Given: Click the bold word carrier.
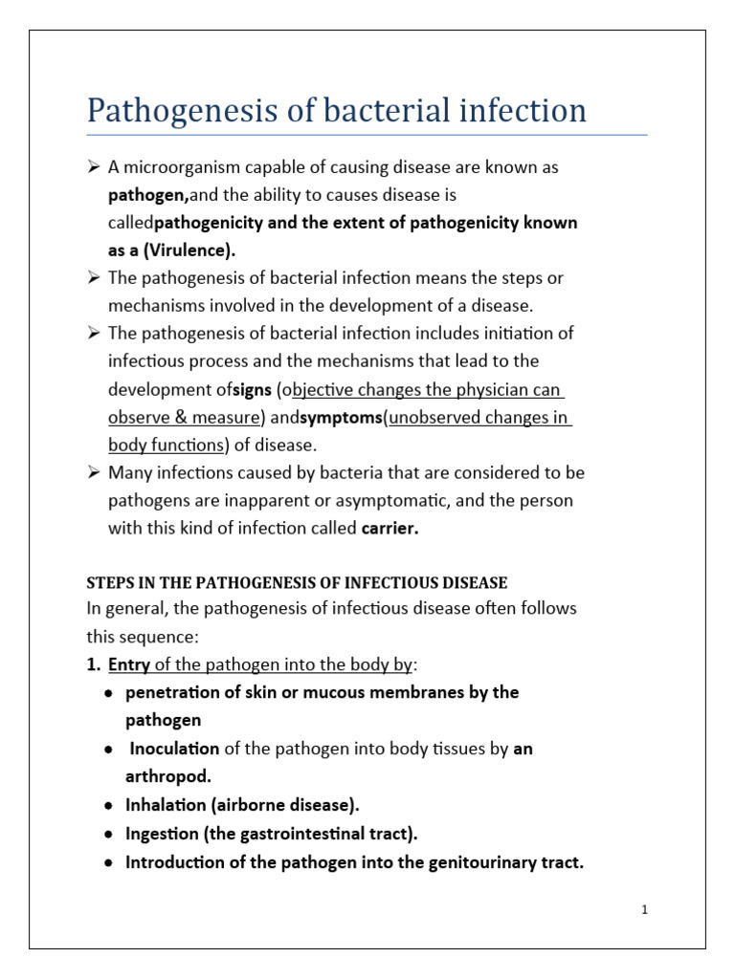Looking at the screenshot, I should click(390, 529).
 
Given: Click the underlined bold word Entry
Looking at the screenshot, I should click(129, 664).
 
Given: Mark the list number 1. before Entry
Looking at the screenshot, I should click(94, 664).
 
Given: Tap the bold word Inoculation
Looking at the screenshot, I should click(174, 749).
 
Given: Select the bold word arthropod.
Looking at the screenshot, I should click(167, 776).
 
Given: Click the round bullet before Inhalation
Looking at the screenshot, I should click(111, 805).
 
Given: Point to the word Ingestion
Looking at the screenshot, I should click(161, 833).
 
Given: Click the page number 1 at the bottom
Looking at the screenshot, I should click(645, 910).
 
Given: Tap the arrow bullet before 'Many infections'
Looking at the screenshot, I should click(94, 473).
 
